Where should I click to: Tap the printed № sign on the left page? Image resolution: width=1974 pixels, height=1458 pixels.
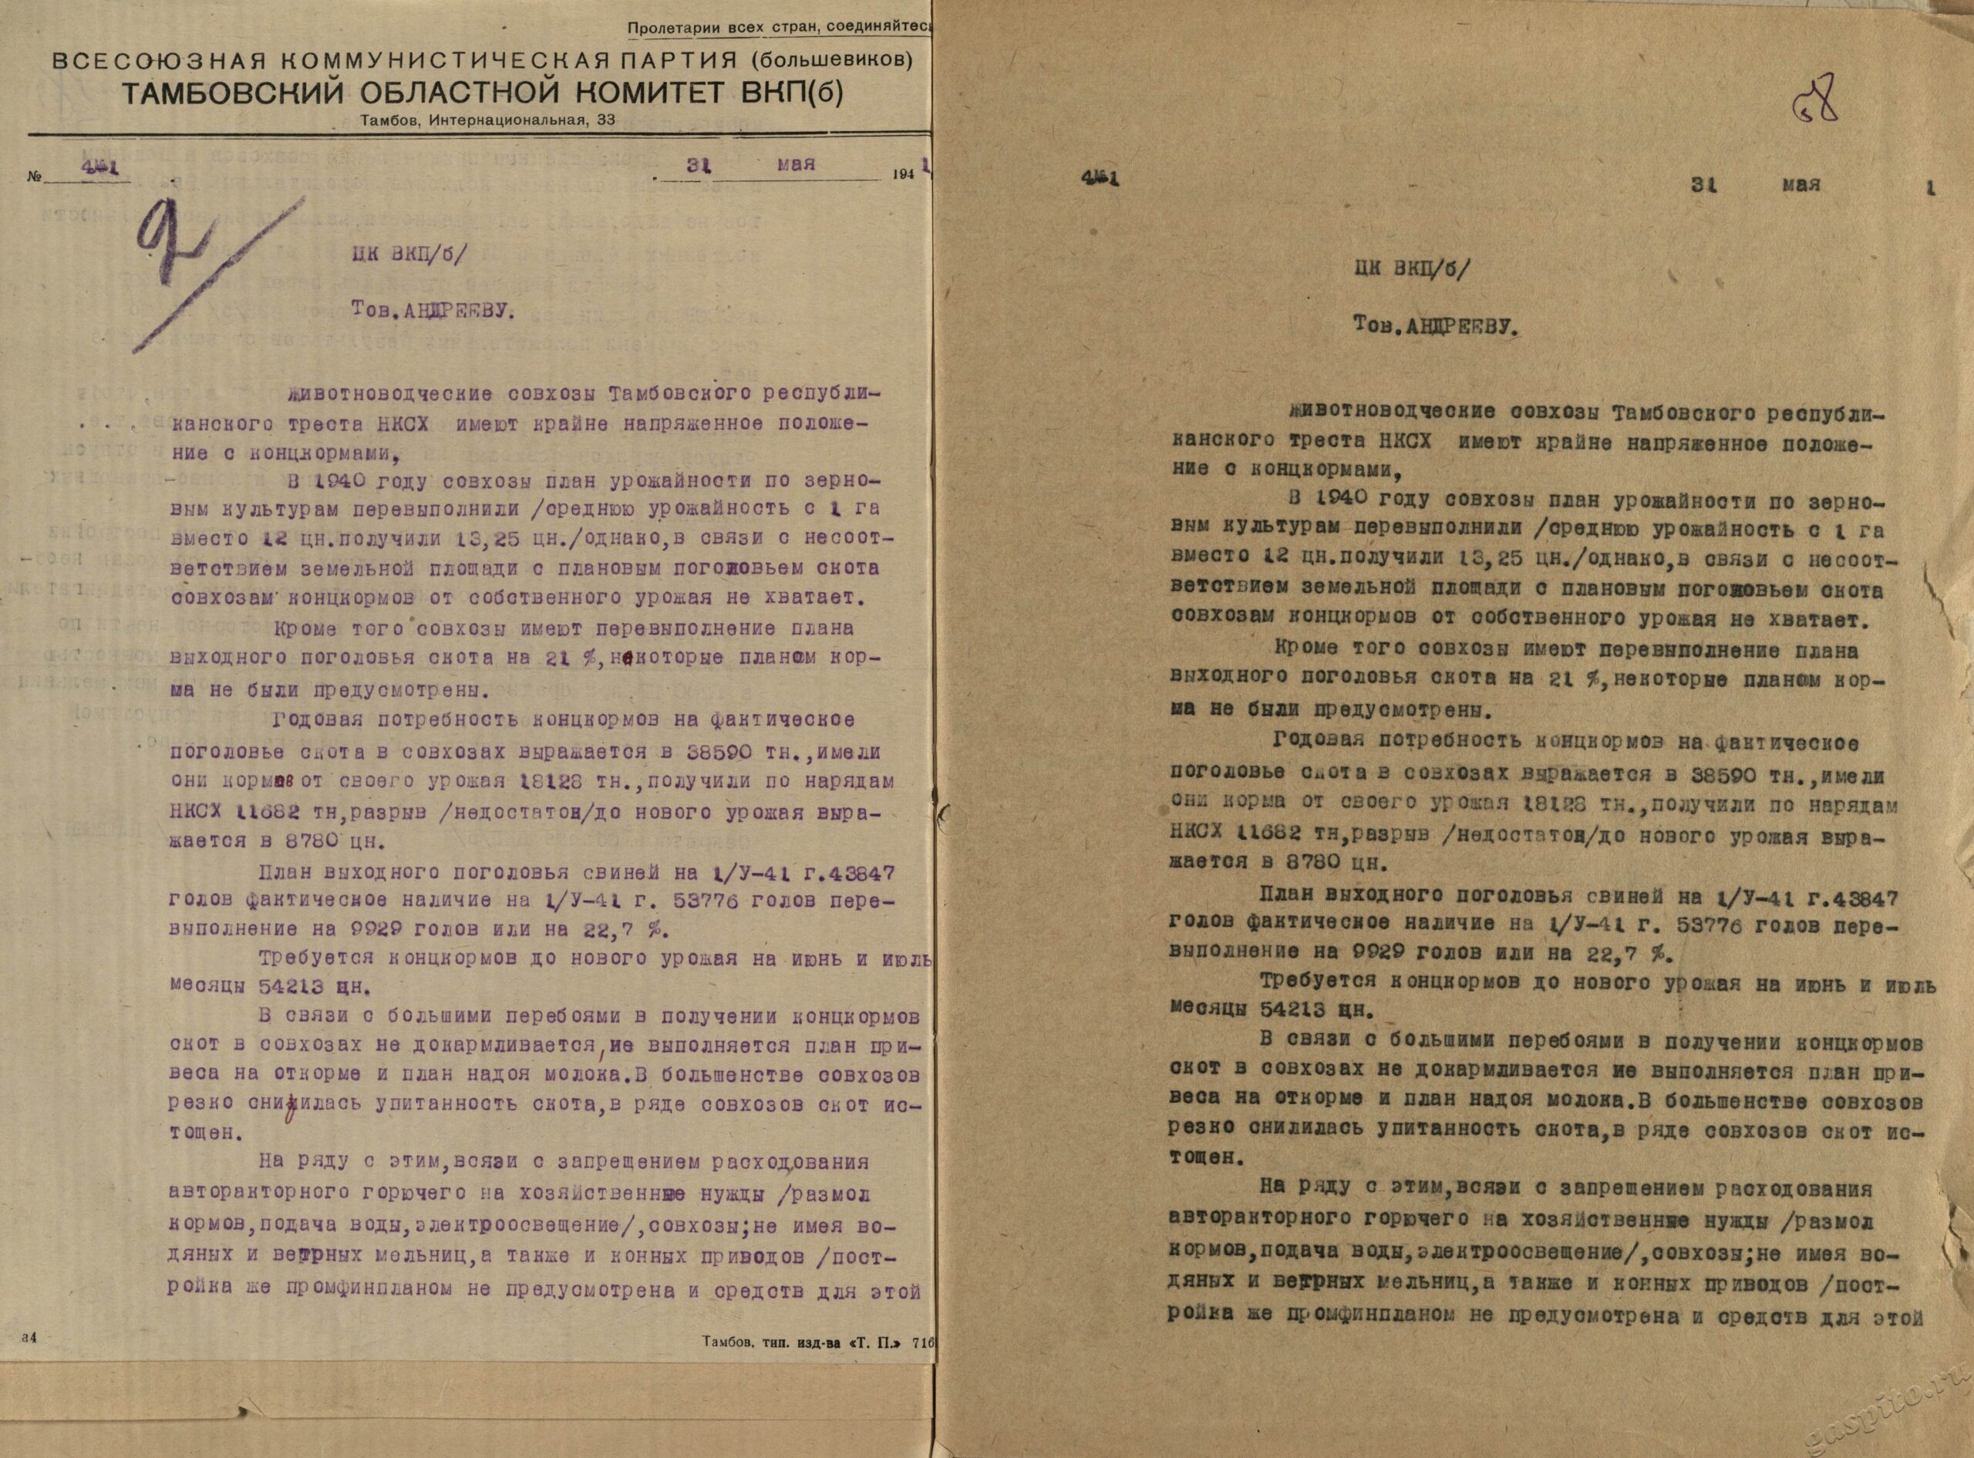pyautogui.click(x=35, y=177)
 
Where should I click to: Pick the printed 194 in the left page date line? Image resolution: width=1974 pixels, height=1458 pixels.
pyautogui.click(x=903, y=174)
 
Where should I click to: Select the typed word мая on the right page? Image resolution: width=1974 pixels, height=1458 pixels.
pyautogui.click(x=1801, y=185)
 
